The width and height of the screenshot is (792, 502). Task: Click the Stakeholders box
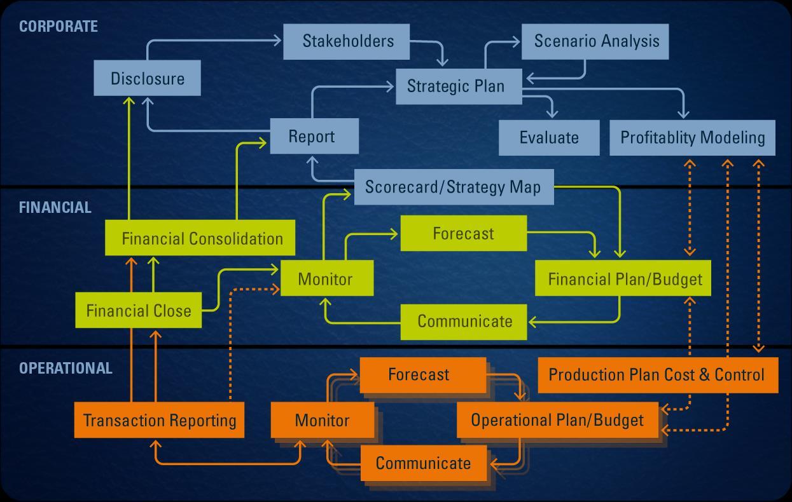(x=348, y=41)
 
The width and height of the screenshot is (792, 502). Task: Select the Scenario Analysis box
(x=595, y=41)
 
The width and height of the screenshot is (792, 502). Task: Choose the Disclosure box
(x=148, y=78)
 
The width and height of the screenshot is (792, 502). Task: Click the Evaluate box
(x=549, y=137)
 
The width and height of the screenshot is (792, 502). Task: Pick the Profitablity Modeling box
(x=692, y=137)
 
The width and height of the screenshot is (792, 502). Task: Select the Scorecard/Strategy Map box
(x=454, y=187)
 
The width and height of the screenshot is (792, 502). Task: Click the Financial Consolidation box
(x=200, y=238)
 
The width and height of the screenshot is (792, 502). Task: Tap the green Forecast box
(x=463, y=233)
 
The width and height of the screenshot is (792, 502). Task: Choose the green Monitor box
(x=326, y=279)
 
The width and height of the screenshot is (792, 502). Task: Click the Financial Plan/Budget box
(x=624, y=279)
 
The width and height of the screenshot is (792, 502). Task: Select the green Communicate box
(x=464, y=322)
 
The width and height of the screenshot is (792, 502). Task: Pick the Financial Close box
(x=139, y=311)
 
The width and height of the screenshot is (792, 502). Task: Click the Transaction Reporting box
(x=159, y=420)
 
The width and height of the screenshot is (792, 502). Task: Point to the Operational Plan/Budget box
(x=557, y=420)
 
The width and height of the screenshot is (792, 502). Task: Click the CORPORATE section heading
(x=59, y=27)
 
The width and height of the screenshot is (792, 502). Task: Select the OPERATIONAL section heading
(x=66, y=369)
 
